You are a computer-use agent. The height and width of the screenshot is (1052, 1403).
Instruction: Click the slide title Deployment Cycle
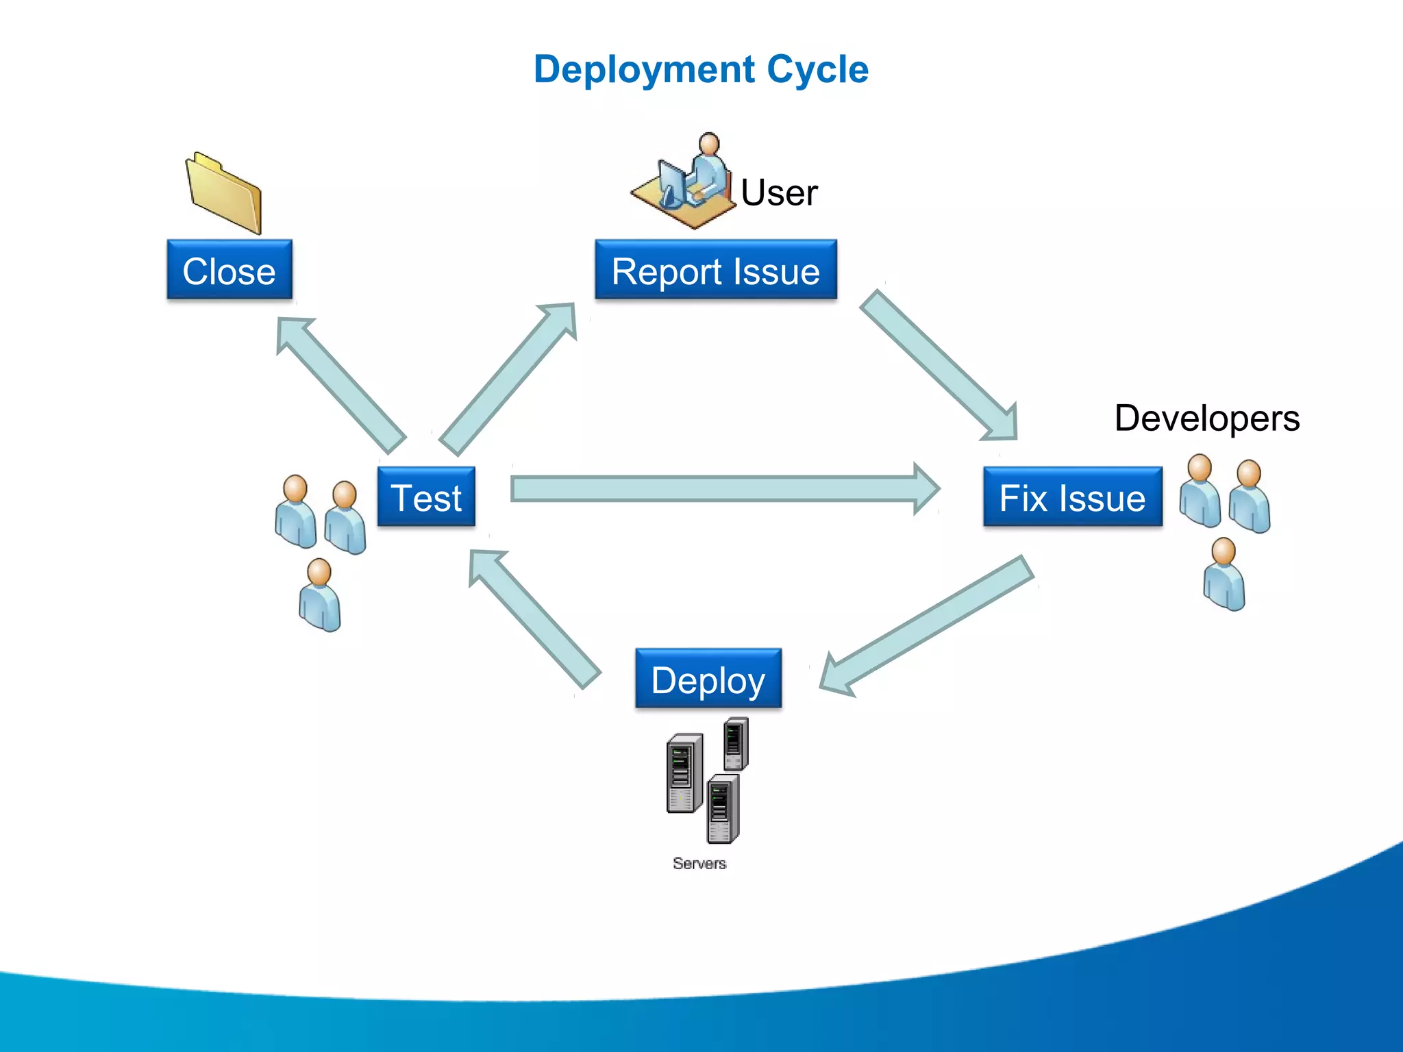tap(701, 70)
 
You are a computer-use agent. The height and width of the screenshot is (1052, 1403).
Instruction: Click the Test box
tap(426, 497)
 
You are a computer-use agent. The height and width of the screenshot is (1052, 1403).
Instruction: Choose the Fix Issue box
tap(1072, 497)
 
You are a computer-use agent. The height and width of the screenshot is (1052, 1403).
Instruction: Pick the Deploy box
tap(708, 679)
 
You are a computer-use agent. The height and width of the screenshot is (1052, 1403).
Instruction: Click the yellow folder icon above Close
tap(224, 194)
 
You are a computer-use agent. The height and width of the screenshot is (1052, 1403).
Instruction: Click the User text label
tap(779, 192)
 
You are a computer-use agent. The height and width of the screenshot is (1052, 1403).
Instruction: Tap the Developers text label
tap(1206, 418)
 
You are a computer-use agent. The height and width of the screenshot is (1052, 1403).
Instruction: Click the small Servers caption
tap(699, 863)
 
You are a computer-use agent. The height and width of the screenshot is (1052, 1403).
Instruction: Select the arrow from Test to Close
tap(339, 384)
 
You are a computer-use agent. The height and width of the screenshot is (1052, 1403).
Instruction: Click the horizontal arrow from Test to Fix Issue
tap(719, 489)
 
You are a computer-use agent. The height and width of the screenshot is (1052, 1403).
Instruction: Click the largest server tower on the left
tap(684, 773)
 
